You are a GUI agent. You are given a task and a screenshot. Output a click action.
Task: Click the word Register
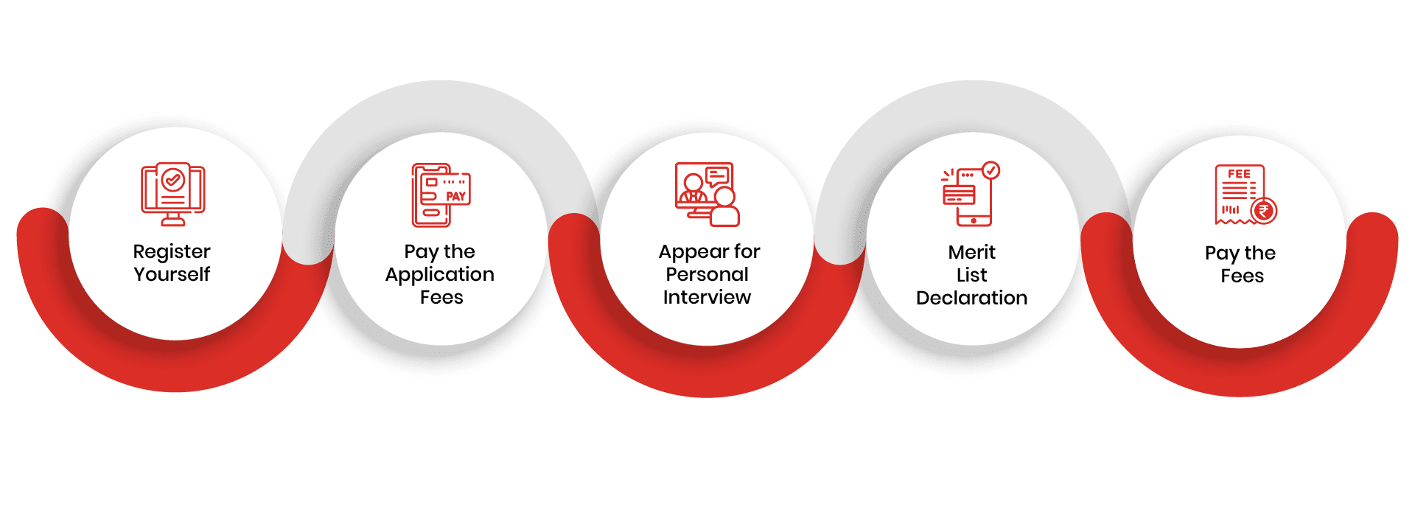pyautogui.click(x=172, y=253)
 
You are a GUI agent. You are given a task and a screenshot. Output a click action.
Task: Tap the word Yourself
pyautogui.click(x=172, y=274)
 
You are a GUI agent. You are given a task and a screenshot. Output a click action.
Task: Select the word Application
pyautogui.click(x=440, y=276)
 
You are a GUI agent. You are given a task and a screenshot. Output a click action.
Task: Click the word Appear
pyautogui.click(x=689, y=253)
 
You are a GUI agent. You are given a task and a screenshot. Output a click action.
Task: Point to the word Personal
pyautogui.click(x=707, y=274)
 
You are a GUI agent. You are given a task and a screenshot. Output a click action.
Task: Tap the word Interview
pyautogui.click(x=707, y=297)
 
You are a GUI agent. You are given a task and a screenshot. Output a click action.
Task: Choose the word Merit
pyautogui.click(x=971, y=252)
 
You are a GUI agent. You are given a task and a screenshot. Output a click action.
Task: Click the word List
pyautogui.click(x=971, y=275)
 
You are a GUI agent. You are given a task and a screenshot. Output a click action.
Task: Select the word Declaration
pyautogui.click(x=971, y=298)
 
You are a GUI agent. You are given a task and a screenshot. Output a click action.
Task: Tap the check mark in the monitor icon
pyautogui.click(x=173, y=178)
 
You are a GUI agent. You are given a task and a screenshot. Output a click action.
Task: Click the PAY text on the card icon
pyautogui.click(x=455, y=196)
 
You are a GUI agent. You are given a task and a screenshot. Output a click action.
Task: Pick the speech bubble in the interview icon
pyautogui.click(x=717, y=176)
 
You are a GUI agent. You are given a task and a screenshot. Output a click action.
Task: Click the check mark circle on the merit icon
pyautogui.click(x=991, y=170)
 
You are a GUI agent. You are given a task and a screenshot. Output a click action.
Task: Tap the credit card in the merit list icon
pyautogui.click(x=959, y=195)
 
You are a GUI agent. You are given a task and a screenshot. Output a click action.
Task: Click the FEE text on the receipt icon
pyautogui.click(x=1239, y=174)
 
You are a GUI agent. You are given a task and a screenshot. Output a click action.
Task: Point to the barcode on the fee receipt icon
pyautogui.click(x=1230, y=209)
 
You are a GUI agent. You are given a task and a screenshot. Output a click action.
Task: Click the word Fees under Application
pyautogui.click(x=441, y=297)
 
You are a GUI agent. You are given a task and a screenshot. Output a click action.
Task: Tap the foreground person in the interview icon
pyautogui.click(x=724, y=206)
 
